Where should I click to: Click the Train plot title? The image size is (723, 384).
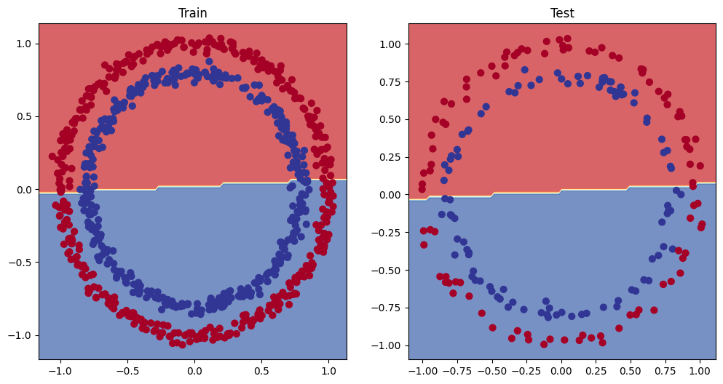[x=193, y=13]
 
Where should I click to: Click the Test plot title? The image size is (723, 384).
[x=562, y=13]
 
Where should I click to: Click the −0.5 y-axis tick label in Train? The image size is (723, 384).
[x=22, y=263]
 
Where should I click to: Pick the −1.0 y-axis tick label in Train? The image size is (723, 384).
[x=22, y=335]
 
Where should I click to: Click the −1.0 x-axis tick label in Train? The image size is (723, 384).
[x=58, y=370]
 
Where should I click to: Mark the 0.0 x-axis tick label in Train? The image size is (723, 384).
[x=194, y=370]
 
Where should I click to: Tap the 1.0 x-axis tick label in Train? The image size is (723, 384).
[x=328, y=370]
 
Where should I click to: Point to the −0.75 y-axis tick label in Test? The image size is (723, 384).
[x=389, y=308]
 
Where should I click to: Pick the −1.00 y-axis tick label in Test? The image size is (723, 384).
[x=389, y=345]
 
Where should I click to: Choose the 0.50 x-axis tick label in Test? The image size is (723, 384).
[x=631, y=370]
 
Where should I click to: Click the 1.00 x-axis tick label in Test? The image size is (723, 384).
[x=700, y=370]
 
